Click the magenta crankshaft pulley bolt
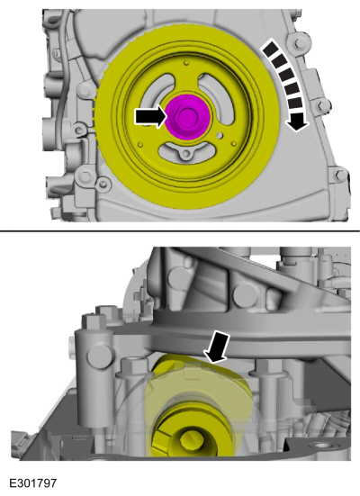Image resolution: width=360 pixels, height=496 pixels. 188,116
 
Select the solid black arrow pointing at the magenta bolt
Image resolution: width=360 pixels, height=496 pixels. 151,116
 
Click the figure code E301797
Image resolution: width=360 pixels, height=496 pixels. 33,483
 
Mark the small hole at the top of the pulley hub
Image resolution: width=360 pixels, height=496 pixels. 187,63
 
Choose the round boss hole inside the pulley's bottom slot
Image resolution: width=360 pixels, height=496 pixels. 186,154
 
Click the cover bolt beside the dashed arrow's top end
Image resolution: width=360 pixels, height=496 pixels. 297,43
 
